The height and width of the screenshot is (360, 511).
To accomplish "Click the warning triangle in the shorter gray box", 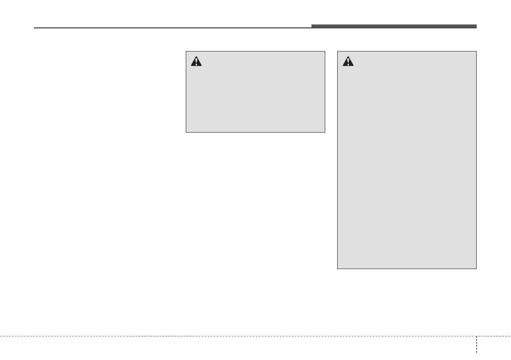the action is (196, 62).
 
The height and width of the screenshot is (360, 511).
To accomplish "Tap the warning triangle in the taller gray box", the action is (348, 62).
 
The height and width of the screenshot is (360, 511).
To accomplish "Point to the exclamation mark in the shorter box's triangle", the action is (196, 62).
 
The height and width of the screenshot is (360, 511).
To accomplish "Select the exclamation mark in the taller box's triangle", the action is (348, 62).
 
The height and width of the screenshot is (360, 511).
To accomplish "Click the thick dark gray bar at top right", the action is (394, 26).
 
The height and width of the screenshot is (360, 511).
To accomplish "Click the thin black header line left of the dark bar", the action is (172, 28).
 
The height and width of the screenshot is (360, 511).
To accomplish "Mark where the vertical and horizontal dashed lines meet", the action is (476, 336).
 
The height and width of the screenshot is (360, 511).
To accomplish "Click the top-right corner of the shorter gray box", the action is (325, 52).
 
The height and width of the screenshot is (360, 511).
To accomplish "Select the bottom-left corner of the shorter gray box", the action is (186, 132).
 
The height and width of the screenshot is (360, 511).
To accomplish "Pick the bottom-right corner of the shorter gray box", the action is (325, 132).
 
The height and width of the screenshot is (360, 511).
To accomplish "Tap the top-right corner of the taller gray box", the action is (476, 52).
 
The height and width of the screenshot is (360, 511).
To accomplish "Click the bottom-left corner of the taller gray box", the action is (338, 269).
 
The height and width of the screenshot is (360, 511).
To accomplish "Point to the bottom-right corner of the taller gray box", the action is (476, 269).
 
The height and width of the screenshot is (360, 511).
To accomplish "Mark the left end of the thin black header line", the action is (34, 28).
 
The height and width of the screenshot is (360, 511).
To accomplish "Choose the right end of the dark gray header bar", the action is (476, 26).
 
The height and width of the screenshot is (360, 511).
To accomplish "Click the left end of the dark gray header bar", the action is (312, 26).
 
